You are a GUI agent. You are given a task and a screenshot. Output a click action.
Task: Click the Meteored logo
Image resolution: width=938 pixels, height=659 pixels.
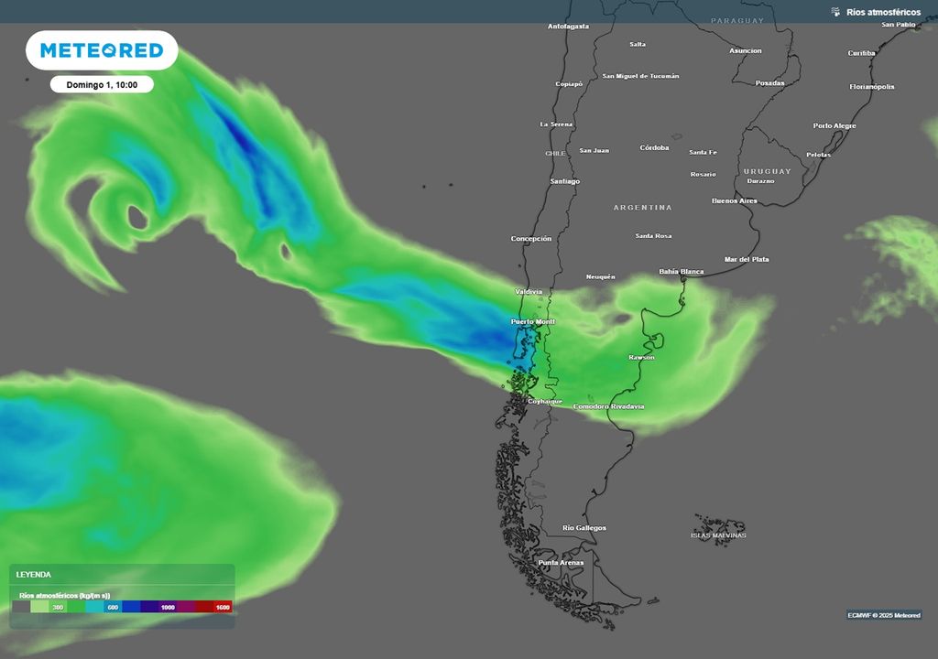pos(101,50)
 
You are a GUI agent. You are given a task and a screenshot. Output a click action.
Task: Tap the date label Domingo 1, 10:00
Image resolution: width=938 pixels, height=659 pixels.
pos(102,84)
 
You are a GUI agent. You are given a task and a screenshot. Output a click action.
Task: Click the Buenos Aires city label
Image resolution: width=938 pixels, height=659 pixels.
pos(735,200)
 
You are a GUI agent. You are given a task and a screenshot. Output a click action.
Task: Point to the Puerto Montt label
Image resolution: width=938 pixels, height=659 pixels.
pos(533,322)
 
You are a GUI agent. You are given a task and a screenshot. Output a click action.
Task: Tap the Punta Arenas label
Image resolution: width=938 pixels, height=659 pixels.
pos(561,562)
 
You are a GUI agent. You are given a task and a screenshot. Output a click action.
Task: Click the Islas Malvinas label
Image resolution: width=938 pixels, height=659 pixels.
pos(718,535)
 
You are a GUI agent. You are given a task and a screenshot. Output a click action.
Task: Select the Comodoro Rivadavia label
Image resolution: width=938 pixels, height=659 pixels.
pos(608,406)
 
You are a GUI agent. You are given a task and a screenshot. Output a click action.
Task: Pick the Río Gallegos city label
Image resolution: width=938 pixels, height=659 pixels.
pos(584,528)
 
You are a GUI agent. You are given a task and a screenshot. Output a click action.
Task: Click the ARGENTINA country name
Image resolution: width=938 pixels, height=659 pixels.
pos(642,208)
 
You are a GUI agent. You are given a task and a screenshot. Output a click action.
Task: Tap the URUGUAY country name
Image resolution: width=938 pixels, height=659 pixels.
pos(767,171)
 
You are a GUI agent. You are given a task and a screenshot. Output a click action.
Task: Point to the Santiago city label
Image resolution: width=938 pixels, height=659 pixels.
pos(564,181)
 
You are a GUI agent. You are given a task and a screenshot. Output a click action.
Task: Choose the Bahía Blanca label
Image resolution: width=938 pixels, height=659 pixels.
pos(682,272)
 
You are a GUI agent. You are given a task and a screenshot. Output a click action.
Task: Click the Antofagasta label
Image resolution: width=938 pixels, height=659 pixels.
pos(568,27)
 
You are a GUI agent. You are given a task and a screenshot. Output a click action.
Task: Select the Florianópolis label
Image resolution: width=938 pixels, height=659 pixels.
pos(872,87)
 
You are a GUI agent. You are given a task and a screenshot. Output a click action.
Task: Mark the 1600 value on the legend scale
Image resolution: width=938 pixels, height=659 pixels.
pos(222,607)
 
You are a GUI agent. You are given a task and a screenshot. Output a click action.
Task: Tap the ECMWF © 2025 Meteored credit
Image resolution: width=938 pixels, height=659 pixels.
pos(884,615)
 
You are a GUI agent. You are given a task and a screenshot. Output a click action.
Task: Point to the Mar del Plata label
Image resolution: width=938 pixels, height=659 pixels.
pos(747,260)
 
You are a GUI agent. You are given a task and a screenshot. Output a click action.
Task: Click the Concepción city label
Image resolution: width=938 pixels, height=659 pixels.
pos(531,239)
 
